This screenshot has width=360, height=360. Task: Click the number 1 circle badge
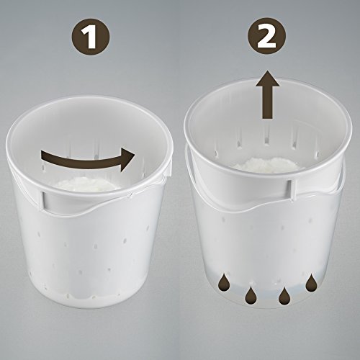(91, 37)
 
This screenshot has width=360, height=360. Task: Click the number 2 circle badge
(267, 36)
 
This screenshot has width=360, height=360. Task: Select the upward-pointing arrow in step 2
(267, 94)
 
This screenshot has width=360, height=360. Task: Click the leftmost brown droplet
(223, 282)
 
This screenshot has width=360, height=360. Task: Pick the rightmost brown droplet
(311, 284)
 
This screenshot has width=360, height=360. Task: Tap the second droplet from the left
(250, 294)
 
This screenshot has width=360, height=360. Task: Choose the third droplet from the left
(284, 294)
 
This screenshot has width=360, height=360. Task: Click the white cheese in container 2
(266, 165)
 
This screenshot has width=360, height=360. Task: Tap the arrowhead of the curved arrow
(127, 160)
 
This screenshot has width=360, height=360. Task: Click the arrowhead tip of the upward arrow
(267, 71)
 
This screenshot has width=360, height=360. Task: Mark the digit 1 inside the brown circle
(89, 37)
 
